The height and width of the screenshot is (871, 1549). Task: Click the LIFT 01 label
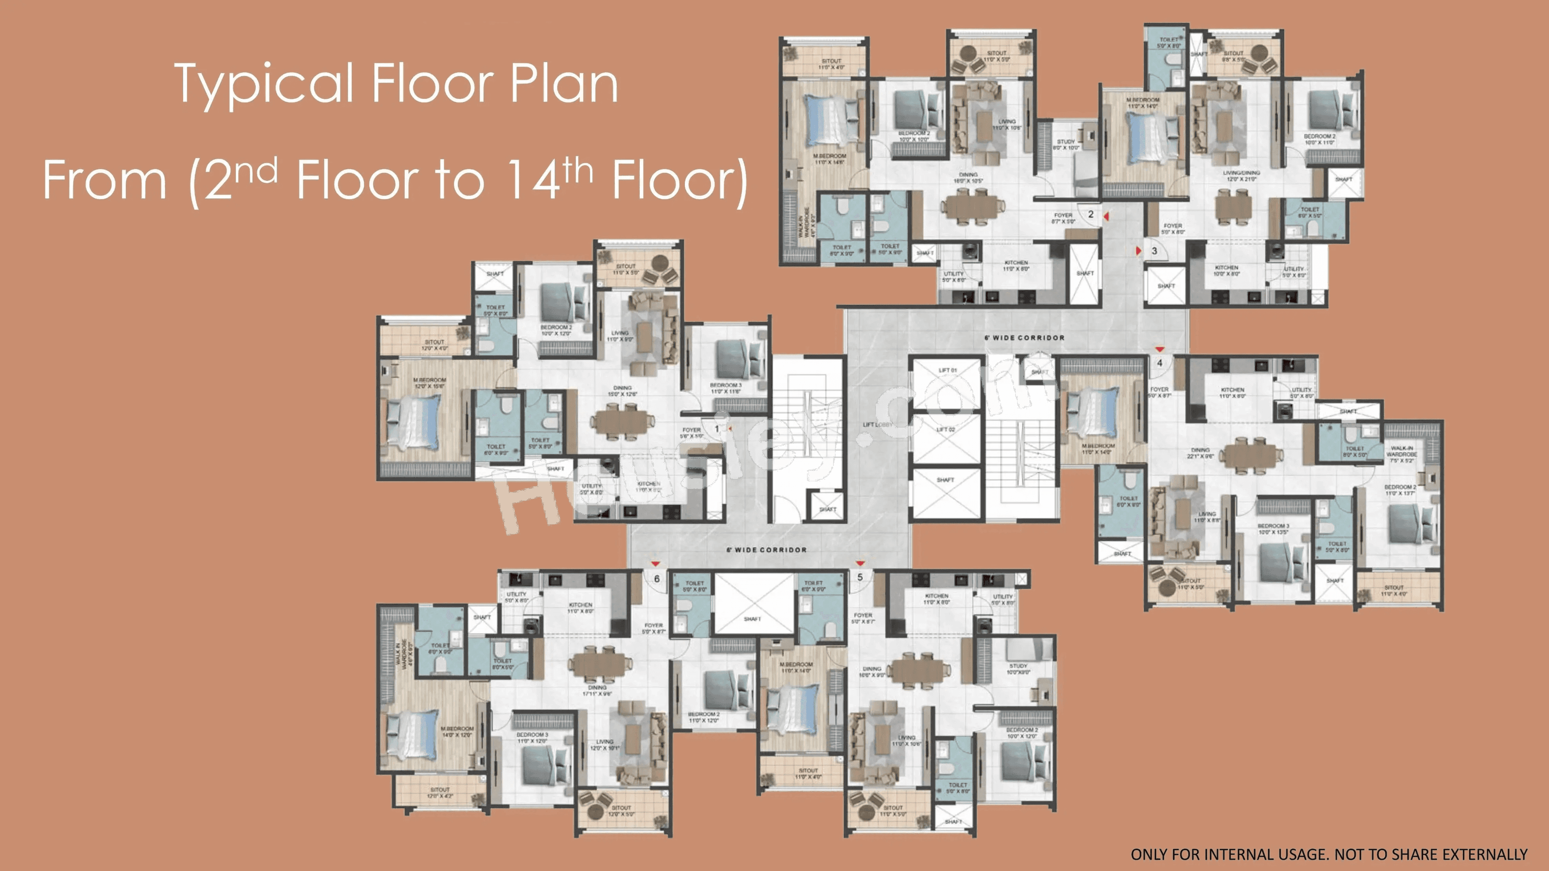click(947, 370)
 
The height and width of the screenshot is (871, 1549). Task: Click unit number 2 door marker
click(1091, 214)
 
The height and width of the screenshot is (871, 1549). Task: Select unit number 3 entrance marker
click(1154, 251)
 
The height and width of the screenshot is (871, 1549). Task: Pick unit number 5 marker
click(860, 577)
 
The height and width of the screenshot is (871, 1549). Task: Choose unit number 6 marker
click(657, 578)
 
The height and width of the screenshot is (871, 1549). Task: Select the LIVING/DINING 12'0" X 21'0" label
click(1241, 175)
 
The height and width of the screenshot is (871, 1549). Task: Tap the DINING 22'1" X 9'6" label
click(1200, 452)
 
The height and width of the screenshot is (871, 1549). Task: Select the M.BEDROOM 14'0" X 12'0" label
click(457, 731)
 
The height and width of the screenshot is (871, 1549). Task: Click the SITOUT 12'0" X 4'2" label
click(440, 793)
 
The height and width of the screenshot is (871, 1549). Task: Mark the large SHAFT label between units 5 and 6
click(752, 619)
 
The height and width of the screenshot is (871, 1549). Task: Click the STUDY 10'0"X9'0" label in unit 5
click(1018, 669)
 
